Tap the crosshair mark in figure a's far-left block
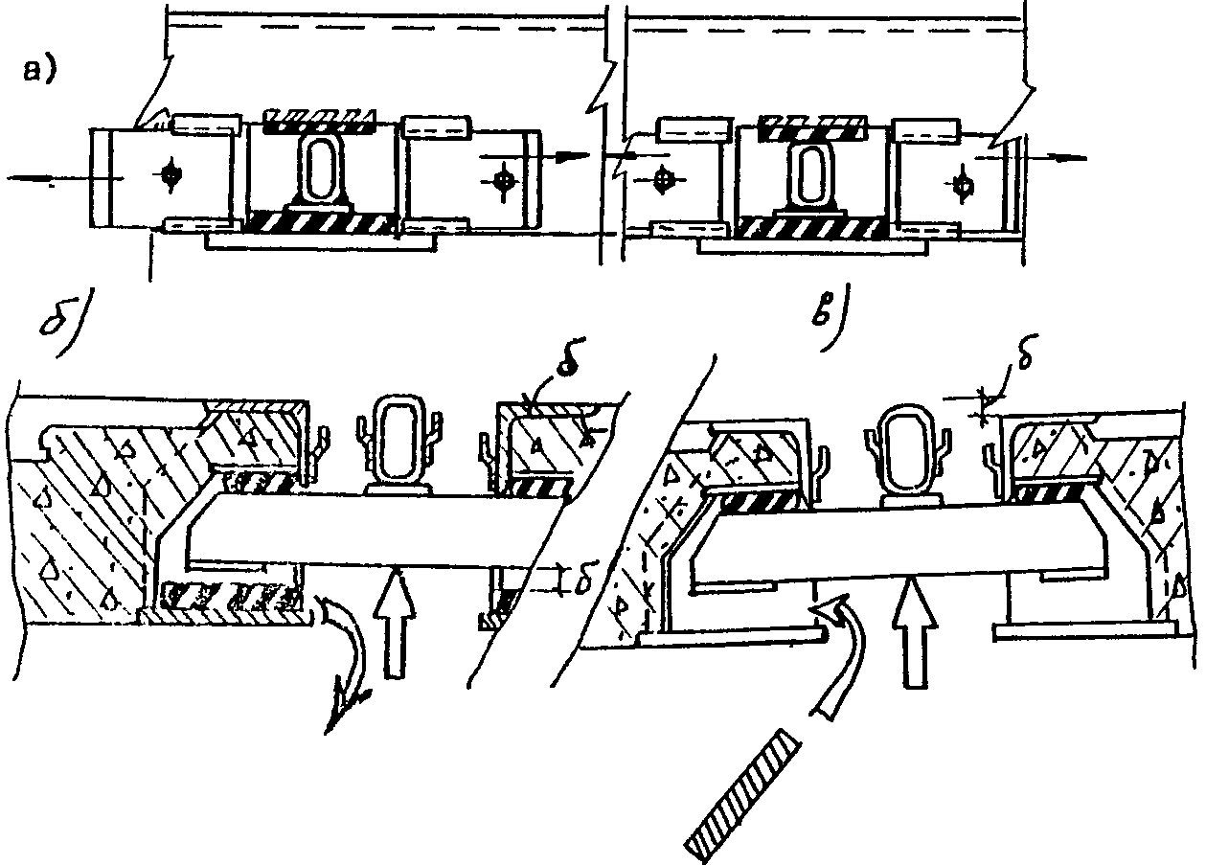coord(171,175)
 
